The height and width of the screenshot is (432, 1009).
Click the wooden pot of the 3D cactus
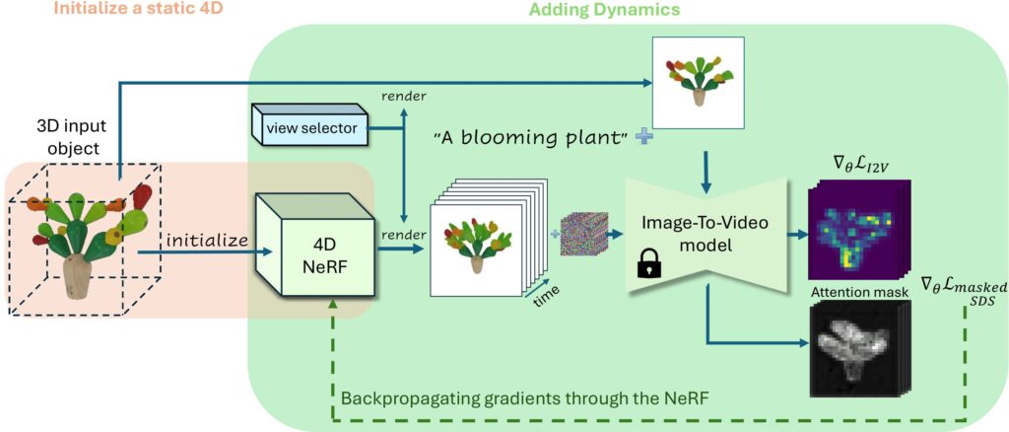tap(77, 277)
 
